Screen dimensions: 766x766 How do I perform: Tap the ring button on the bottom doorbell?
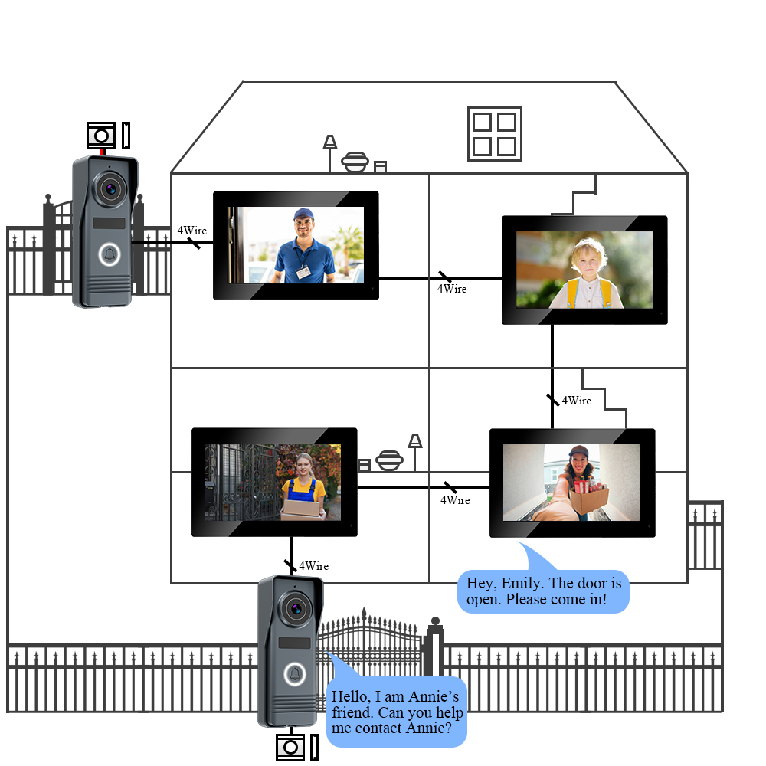pyautogui.click(x=295, y=674)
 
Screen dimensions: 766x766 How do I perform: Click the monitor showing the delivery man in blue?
pyautogui.click(x=296, y=244)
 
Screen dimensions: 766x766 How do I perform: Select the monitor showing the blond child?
pyautogui.click(x=584, y=270)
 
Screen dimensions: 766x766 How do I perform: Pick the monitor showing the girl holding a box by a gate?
pyautogui.click(x=273, y=482)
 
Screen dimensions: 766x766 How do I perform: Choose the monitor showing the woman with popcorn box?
pyautogui.click(x=572, y=483)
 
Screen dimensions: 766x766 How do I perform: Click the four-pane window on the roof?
pyautogui.click(x=495, y=133)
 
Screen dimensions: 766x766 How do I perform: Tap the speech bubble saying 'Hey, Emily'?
pyautogui.click(x=543, y=591)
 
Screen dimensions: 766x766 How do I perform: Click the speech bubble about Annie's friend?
pyautogui.click(x=397, y=712)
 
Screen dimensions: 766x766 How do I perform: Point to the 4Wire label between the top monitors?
pyautogui.click(x=452, y=289)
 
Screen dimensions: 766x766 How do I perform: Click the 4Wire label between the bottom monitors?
pyautogui.click(x=455, y=500)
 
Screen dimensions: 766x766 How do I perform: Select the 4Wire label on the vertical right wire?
pyautogui.click(x=577, y=401)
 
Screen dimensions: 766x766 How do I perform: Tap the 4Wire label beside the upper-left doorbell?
pyautogui.click(x=192, y=230)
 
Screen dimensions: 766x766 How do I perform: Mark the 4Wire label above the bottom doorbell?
pyautogui.click(x=313, y=566)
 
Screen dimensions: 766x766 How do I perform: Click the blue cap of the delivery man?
pyautogui.click(x=304, y=214)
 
